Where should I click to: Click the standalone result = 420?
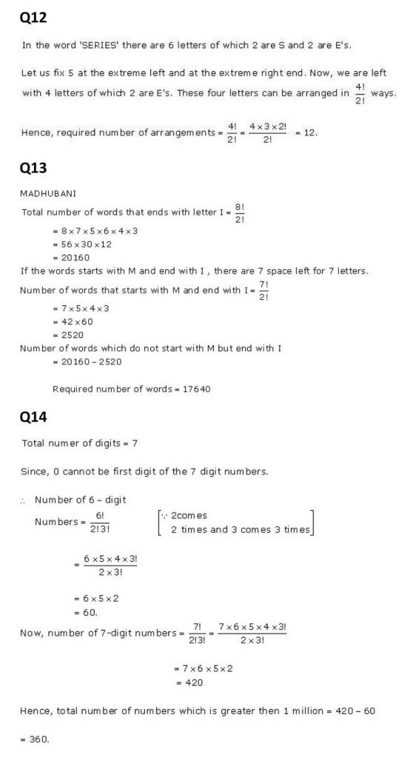(x=188, y=683)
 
